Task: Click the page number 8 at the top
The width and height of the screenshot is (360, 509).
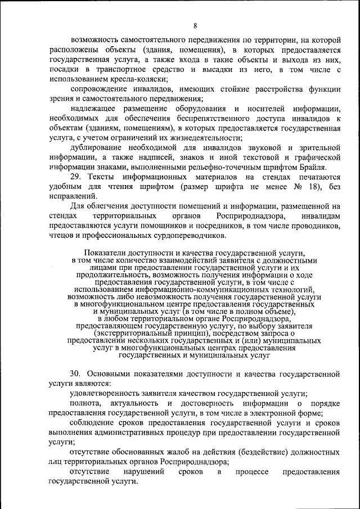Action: point(195,25)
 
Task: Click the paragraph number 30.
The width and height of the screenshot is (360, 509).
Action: point(76,374)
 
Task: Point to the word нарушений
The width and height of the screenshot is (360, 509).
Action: point(141,472)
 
